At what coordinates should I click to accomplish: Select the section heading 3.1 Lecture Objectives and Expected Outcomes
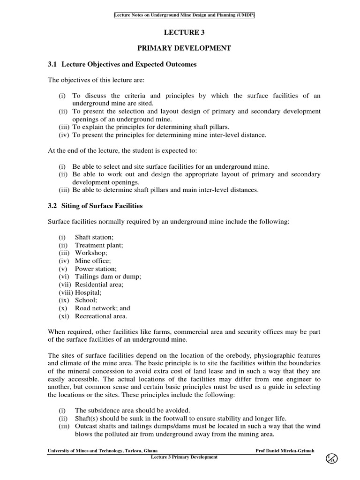pyautogui.click(x=122, y=64)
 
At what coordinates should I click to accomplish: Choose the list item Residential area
pyautogui.click(x=99, y=285)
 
